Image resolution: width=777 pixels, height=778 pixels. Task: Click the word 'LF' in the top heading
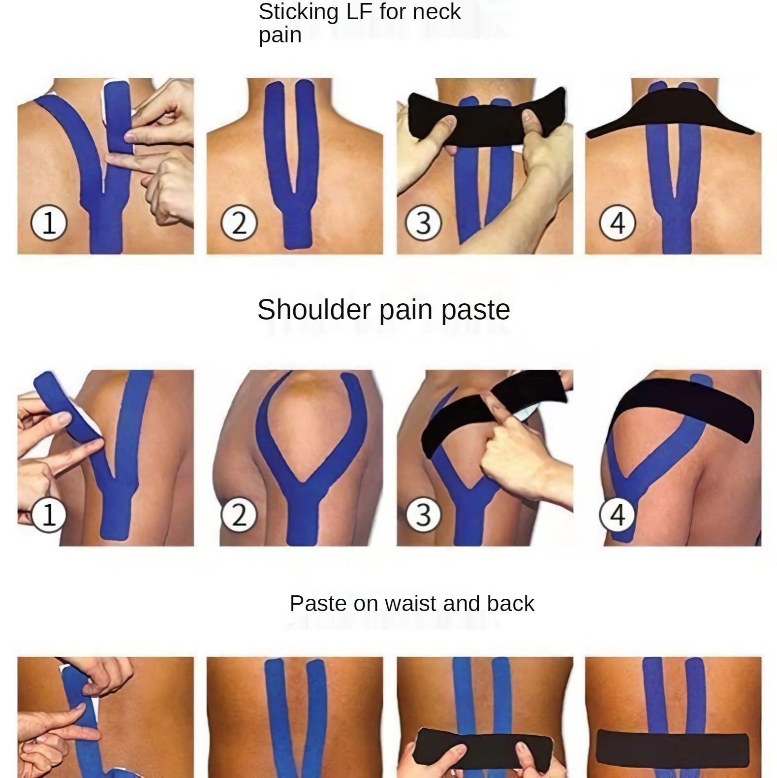click(359, 12)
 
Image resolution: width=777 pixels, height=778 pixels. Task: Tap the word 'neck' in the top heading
click(437, 12)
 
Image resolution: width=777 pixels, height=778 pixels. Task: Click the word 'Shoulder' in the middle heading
click(313, 310)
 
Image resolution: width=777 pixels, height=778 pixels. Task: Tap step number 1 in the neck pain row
click(49, 223)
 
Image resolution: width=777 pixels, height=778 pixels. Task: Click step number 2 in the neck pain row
click(239, 223)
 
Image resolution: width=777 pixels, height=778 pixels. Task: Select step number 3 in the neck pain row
click(423, 223)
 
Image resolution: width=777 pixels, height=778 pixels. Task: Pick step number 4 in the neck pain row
click(618, 223)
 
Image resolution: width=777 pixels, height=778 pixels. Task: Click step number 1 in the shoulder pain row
click(49, 515)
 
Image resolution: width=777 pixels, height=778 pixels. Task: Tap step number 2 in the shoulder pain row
click(239, 515)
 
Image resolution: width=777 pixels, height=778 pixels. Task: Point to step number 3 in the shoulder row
click(423, 515)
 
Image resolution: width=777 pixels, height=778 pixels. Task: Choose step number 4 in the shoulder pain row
click(618, 515)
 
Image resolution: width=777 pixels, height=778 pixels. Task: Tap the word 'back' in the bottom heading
click(510, 604)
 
